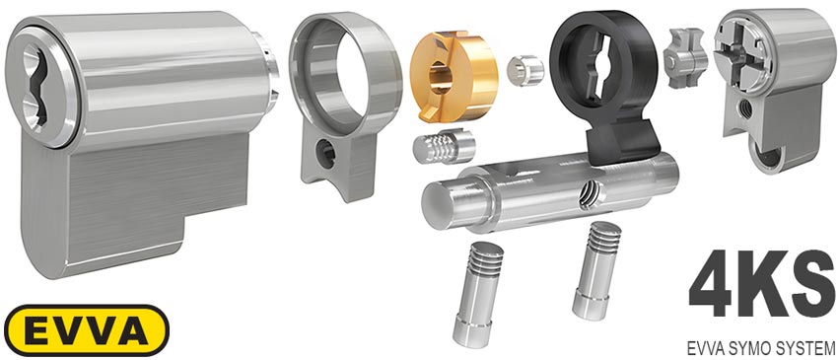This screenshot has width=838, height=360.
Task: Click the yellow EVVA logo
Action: point(87,330)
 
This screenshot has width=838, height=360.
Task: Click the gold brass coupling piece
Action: point(454,75)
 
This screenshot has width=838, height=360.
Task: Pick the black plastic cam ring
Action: point(605,86)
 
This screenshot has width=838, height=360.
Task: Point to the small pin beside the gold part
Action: point(524,69)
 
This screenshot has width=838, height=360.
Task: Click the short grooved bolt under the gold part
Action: point(444,147)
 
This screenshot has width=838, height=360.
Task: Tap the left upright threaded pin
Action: point(477,294)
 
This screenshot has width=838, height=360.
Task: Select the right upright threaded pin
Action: point(596,270)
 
